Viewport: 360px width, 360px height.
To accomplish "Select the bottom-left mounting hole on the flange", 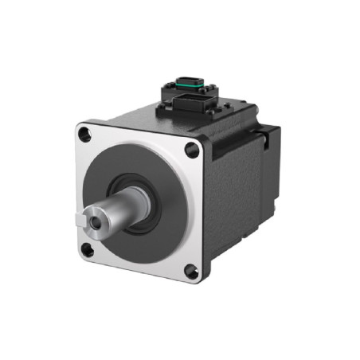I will pyautogui.click(x=88, y=250).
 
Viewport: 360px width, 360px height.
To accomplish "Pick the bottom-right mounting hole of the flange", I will pyautogui.click(x=191, y=272).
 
